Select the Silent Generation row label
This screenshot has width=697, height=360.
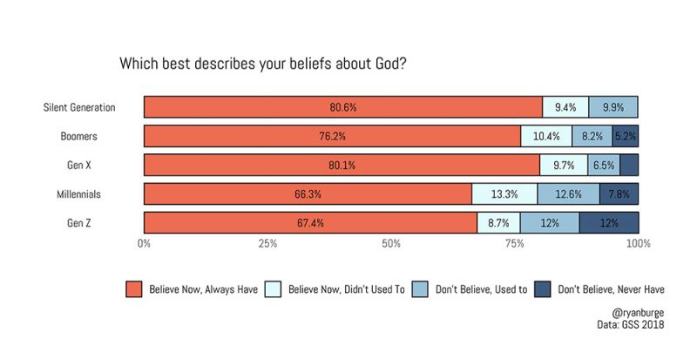80,107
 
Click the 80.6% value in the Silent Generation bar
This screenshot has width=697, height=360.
342,107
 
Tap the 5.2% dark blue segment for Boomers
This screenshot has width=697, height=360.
626,136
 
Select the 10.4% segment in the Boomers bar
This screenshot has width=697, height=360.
546,136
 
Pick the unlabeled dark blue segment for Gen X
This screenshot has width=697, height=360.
629,165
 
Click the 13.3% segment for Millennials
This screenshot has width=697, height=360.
504,194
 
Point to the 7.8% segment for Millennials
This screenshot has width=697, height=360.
619,194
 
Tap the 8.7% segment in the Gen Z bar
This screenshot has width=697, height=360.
498,222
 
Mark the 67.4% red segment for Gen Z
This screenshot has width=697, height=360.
310,222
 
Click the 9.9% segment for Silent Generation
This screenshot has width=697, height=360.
613,107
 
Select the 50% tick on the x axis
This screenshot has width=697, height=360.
391,245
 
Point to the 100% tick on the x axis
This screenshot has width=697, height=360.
638,245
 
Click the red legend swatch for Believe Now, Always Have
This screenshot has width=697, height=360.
133,289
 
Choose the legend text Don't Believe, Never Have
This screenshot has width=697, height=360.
611,289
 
